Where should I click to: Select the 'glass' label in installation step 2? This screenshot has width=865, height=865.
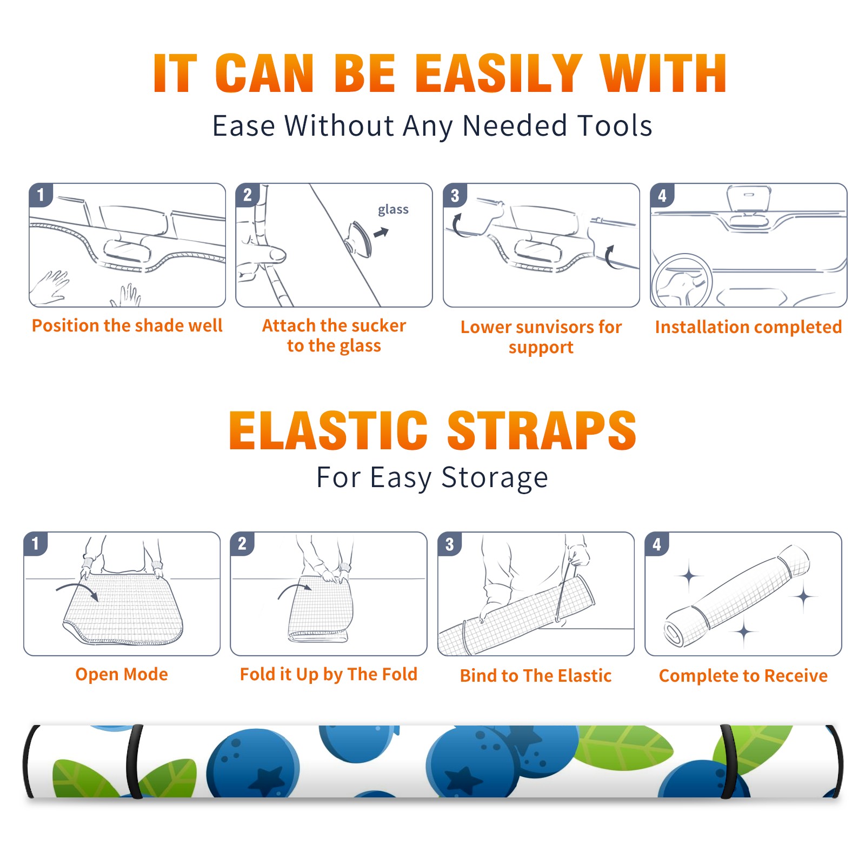393,210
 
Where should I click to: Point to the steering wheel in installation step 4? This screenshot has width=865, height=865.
681,281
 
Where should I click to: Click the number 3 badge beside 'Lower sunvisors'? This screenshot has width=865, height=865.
455,195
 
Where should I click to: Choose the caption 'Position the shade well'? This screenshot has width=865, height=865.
127,325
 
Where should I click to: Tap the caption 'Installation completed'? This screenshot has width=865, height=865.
748,327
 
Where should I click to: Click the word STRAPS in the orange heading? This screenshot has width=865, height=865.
542,430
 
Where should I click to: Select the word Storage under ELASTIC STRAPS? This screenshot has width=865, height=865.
495,478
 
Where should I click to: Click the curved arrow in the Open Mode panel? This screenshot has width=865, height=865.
77,590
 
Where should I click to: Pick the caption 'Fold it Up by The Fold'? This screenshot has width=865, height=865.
329,674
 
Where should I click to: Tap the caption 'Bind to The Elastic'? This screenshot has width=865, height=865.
536,675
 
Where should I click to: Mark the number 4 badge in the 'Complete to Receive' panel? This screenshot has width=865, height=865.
657,544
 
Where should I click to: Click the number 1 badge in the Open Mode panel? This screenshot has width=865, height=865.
36,543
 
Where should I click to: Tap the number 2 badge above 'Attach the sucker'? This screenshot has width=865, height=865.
248,195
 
